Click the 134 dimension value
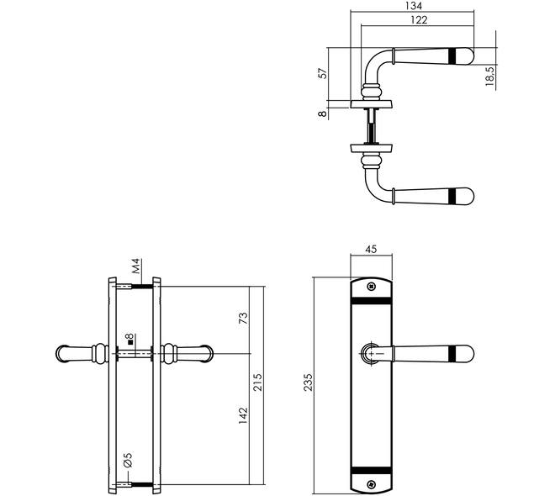(414, 6)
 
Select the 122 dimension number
(419, 20)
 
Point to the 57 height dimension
(324, 73)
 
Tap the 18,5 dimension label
(490, 76)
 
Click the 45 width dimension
(371, 249)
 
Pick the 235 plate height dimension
(309, 382)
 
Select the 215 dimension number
(257, 382)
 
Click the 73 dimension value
(243, 318)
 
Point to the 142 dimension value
(243, 415)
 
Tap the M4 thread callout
(136, 266)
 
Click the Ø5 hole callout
(128, 460)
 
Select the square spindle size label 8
(129, 338)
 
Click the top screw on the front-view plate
(371, 286)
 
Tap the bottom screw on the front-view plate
(371, 484)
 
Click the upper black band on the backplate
(372, 301)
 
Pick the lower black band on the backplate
(372, 470)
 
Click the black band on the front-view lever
(452, 353)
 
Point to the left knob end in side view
(63, 353)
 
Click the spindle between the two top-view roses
(371, 126)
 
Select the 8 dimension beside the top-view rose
(322, 113)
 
